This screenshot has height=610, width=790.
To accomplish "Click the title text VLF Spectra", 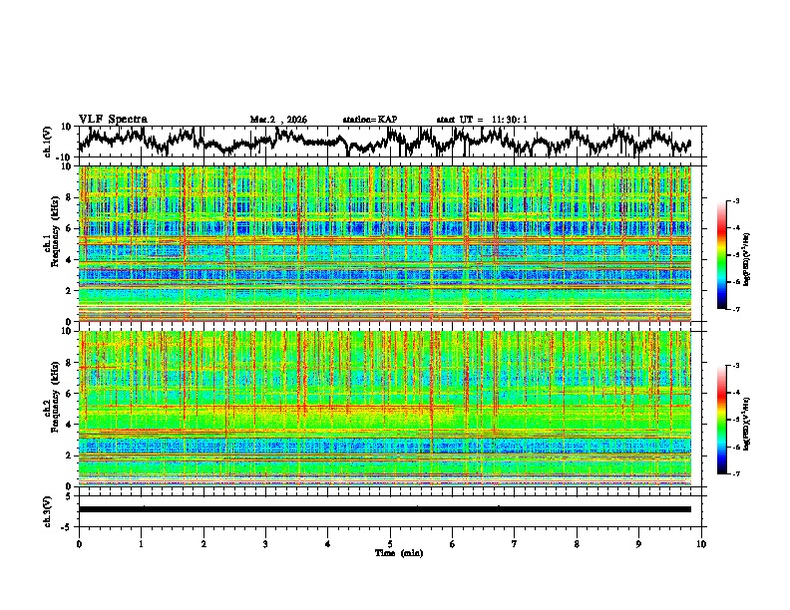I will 113,119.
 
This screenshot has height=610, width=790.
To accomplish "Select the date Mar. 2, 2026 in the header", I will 278,120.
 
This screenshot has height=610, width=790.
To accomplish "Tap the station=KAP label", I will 369,120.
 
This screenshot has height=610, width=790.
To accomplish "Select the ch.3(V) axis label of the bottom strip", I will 49,509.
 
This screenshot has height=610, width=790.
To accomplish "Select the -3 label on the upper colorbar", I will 735,201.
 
